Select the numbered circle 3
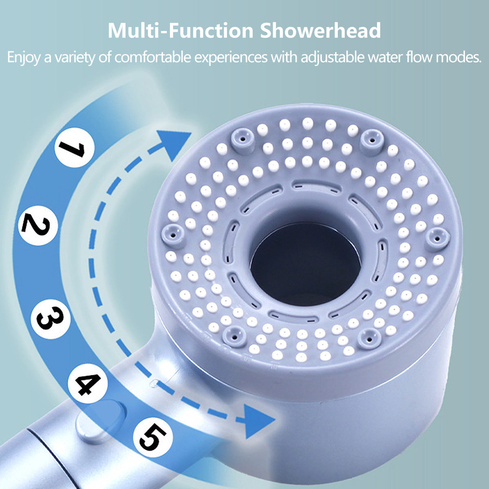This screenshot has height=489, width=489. click(51, 319)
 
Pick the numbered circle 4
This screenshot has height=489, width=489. click(88, 384)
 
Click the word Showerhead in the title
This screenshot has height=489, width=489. click(321, 31)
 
